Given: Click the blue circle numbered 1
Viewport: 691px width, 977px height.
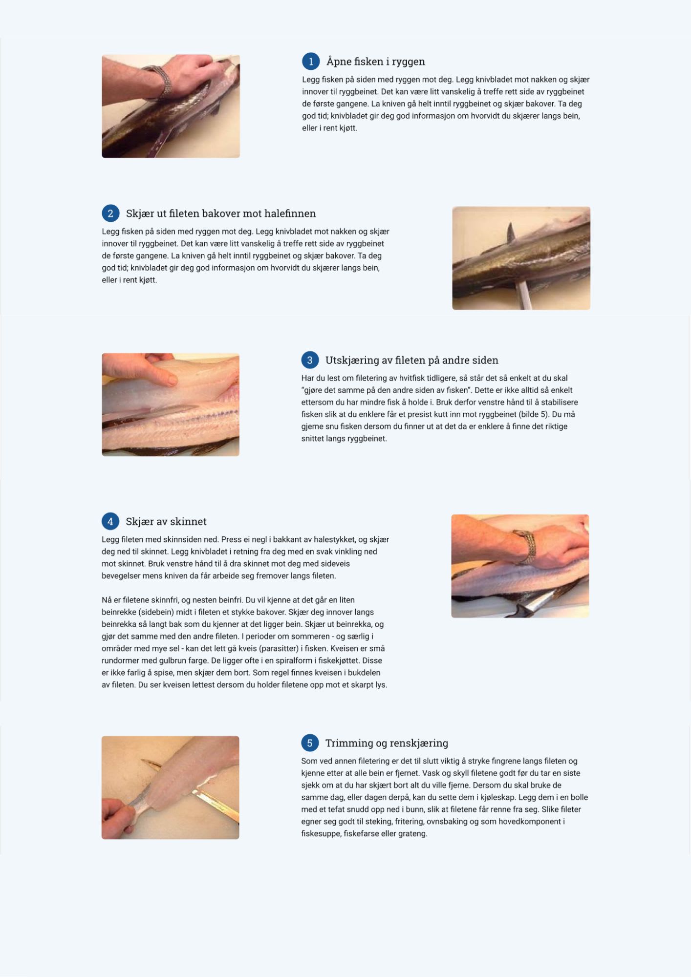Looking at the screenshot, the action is coord(311,62).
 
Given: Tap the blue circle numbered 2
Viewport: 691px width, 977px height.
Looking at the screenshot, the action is coord(110,213).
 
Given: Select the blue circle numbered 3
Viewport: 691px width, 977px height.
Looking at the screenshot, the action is coord(310,360).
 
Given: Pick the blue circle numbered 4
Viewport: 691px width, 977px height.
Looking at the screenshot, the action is coord(110,521).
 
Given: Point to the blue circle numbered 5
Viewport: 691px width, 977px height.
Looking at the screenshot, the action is coord(310,743).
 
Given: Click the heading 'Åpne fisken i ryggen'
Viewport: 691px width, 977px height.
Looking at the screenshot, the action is coord(376,62).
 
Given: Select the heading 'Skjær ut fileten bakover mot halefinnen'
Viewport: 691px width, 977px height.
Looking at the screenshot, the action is coord(221,213).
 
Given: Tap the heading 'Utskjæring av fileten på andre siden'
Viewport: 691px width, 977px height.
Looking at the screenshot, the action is coord(412,360).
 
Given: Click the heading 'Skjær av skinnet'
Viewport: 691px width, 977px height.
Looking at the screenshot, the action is coord(166,521).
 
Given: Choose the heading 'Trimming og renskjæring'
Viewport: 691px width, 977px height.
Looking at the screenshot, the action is coord(387,743).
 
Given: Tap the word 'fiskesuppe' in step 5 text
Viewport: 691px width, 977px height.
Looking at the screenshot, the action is coord(320,833).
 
